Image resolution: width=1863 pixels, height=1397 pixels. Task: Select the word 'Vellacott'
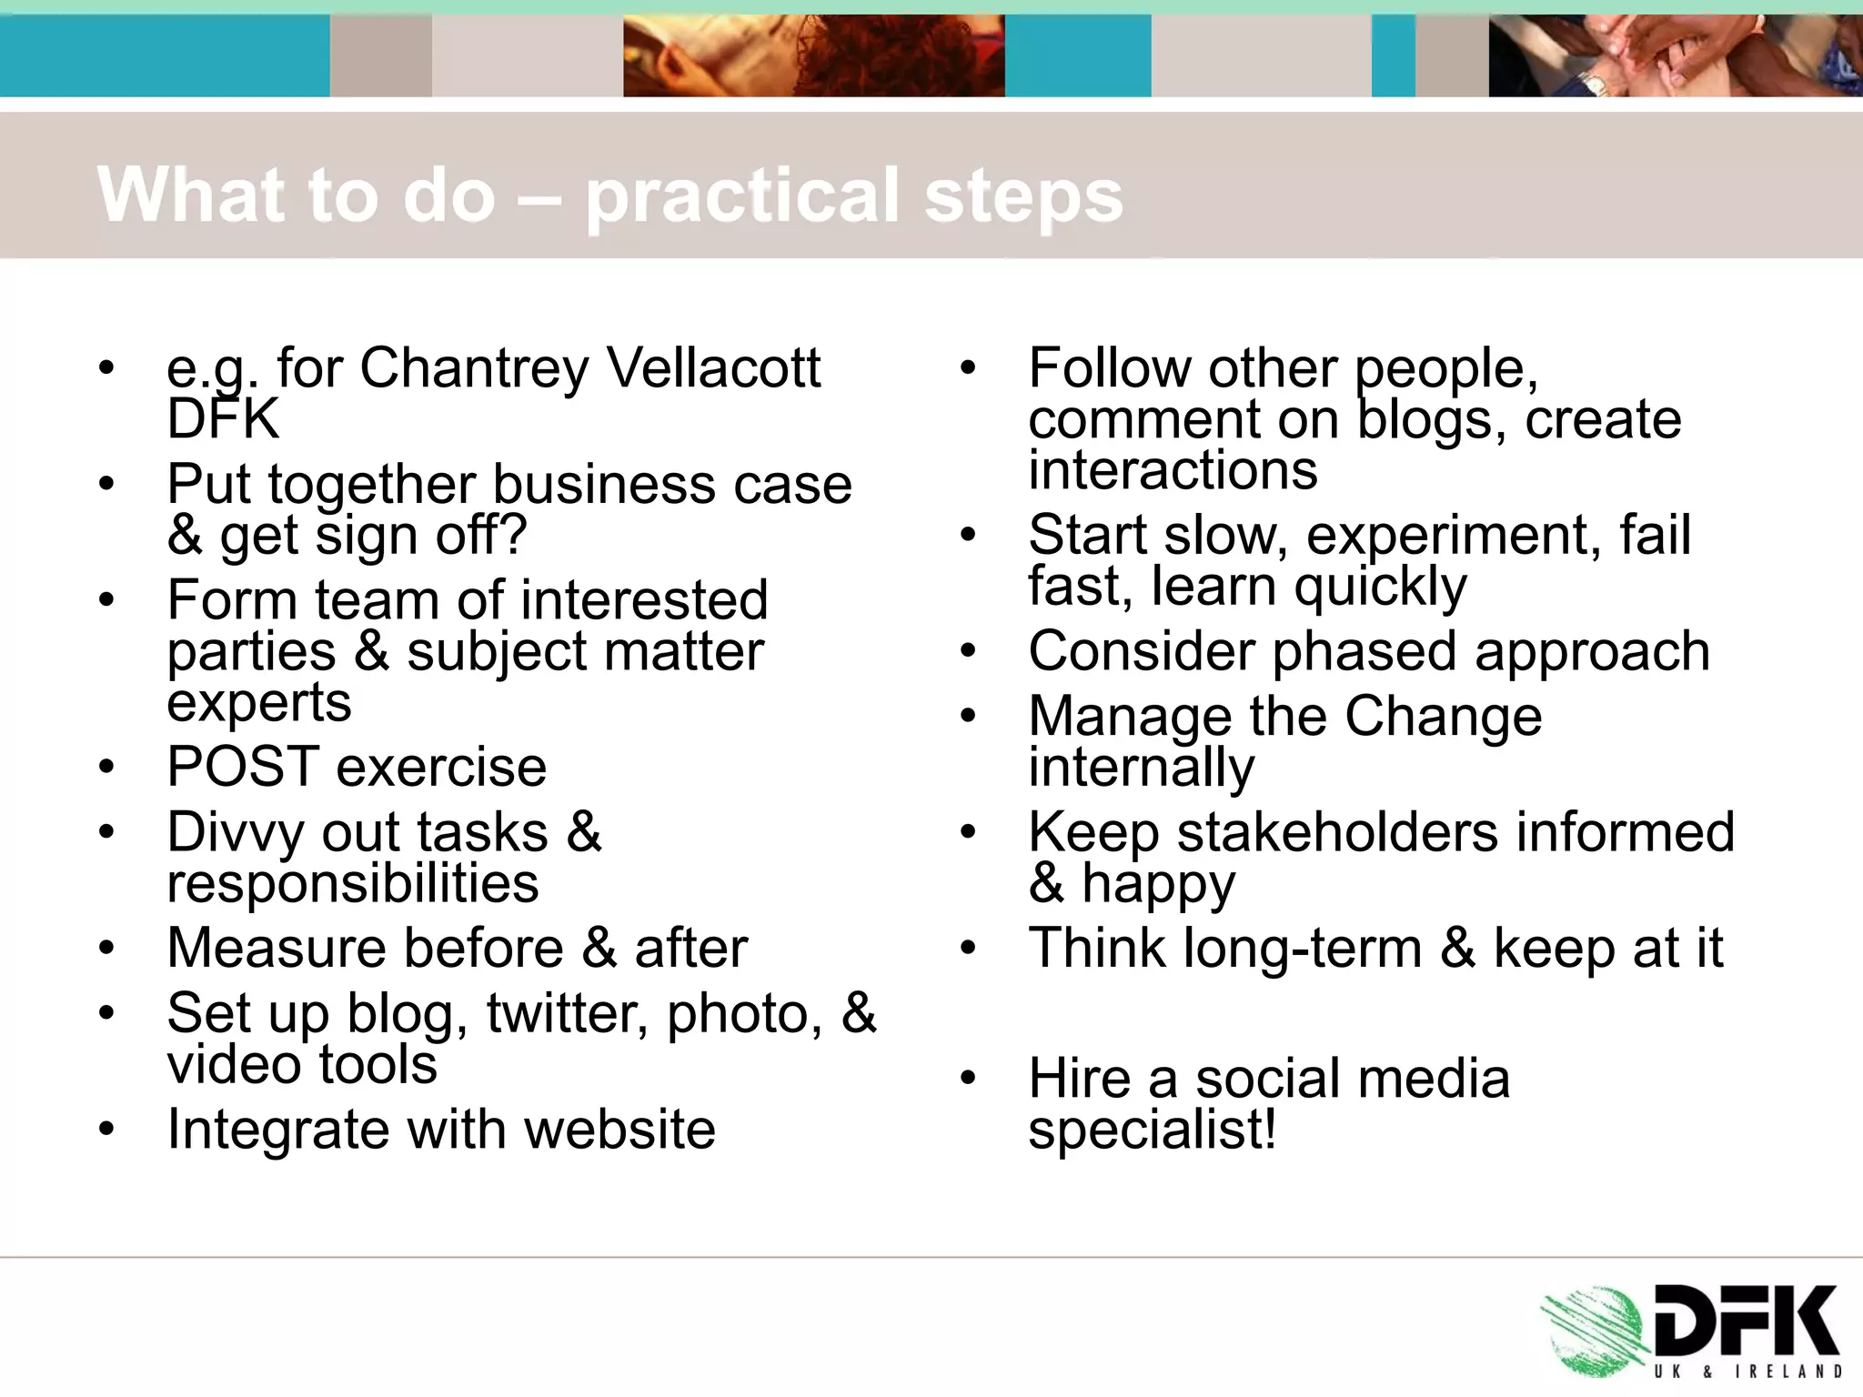(713, 367)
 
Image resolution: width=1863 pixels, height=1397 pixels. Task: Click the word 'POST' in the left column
(243, 767)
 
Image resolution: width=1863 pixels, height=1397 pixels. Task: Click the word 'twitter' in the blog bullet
(567, 1013)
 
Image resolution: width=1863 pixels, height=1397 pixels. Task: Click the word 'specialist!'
(1153, 1131)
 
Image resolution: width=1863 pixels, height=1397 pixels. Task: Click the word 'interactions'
(1173, 470)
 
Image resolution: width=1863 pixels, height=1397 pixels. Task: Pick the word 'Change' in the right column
(1443, 717)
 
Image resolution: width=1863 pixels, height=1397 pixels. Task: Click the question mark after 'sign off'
(512, 535)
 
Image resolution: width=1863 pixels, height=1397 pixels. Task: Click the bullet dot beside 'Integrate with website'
(107, 1131)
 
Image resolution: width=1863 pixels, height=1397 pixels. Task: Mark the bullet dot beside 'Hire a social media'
(968, 1080)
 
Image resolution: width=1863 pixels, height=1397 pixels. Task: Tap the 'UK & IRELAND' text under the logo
(1747, 1371)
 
